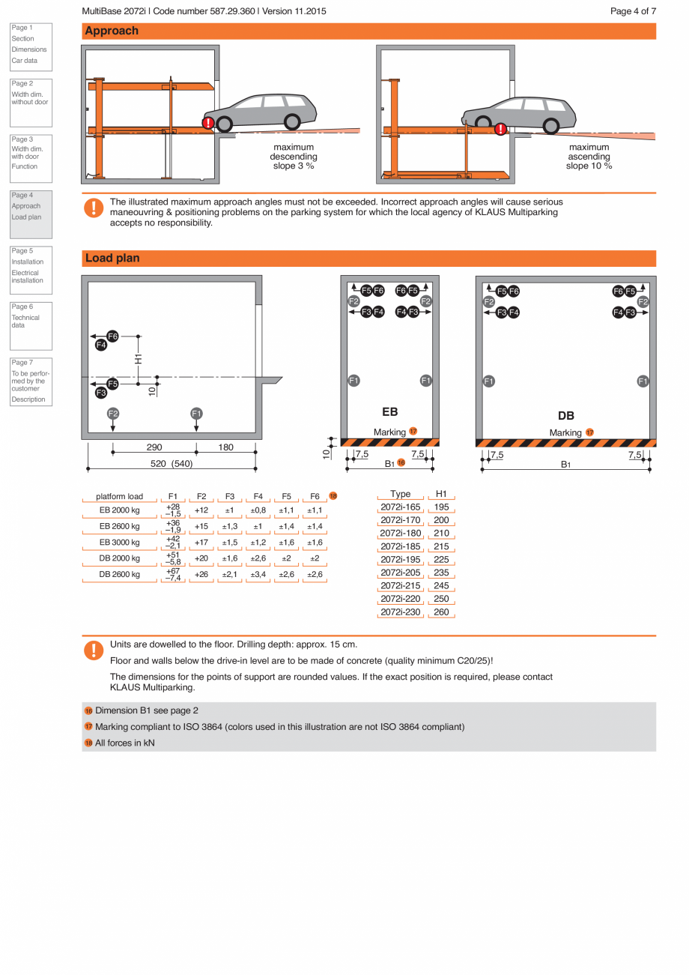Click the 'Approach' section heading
112,31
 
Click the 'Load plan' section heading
112,258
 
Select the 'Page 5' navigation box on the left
31,266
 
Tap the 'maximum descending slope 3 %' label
294,157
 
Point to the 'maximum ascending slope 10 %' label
589,157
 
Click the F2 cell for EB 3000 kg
201,543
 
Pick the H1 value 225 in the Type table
441,560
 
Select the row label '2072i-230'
401,612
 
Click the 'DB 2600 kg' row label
120,575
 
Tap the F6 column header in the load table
315,496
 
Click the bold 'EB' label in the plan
389,411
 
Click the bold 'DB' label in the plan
566,416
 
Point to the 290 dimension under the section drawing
154,447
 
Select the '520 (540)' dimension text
172,463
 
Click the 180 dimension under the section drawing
225,447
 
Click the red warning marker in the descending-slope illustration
208,123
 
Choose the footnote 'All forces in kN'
125,743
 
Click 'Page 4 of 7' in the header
633,11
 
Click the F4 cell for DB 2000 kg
258,559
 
